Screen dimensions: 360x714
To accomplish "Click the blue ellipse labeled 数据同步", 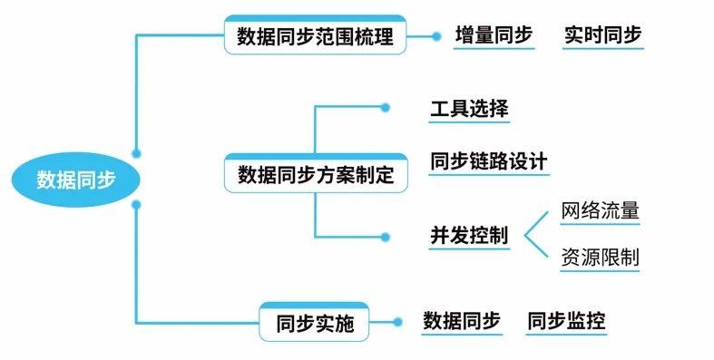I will pos(76,179).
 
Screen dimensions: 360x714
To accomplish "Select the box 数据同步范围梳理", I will pos(314,37).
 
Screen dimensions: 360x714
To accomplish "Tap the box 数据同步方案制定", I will pos(314,174).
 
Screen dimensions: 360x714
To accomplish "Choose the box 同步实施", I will pos(315,322).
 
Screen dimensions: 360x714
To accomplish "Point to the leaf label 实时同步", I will pos(602,35).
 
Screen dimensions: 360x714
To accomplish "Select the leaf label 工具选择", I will pos(469,109).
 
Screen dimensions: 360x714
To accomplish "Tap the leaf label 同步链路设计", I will pos(489,161).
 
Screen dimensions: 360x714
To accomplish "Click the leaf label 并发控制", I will pos(469,236).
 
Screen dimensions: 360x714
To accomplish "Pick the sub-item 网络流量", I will pos(601,211).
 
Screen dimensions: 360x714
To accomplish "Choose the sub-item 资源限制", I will pos(601,257).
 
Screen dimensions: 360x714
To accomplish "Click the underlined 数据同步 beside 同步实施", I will pos(462,320).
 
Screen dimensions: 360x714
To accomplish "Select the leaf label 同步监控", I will pos(566,320).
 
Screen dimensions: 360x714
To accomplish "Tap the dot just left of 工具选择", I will pos(386,108).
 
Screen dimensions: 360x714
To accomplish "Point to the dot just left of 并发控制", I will pos(386,237).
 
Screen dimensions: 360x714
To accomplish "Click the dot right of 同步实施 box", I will pos(396,321).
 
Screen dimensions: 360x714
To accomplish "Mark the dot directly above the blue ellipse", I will pos(136,153).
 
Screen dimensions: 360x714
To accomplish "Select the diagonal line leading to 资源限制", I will pos(536,248).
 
